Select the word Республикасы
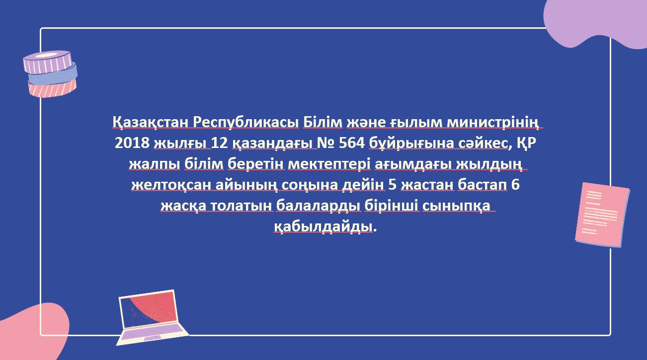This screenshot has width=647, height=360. (246, 123)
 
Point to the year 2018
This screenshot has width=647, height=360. (132, 143)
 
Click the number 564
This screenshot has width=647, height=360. (352, 143)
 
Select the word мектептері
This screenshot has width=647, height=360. (329, 164)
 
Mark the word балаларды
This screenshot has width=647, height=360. (319, 206)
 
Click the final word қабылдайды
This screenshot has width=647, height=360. (323, 227)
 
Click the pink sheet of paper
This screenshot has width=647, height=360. (602, 215)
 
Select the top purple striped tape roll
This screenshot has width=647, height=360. (47, 62)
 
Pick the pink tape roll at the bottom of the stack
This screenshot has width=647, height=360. (52, 88)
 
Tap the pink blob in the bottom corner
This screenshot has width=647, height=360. (32, 332)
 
